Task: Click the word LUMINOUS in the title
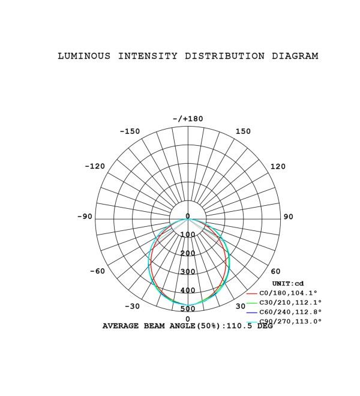[84, 56]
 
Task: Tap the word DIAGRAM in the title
[295, 56]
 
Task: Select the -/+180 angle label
[188, 119]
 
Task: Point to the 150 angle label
[243, 131]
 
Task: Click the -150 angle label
[130, 131]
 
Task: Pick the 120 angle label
[278, 166]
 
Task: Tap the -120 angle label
[95, 166]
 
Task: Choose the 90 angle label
[288, 217]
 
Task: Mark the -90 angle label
[85, 217]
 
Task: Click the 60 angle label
[275, 271]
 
